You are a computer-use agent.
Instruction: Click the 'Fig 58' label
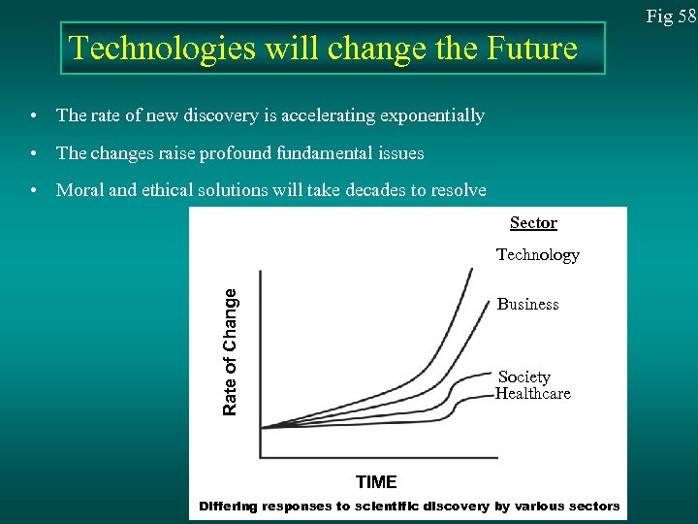[x=672, y=16]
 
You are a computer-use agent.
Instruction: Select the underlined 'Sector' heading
[x=533, y=223]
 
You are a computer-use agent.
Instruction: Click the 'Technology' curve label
[x=537, y=255]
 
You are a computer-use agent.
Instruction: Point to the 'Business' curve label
[x=527, y=305]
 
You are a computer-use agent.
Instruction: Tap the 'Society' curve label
[x=523, y=377]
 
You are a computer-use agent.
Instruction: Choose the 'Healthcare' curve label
[x=532, y=394]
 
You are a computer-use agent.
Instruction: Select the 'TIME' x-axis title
[x=376, y=482]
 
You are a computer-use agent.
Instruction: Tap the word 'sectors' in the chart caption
[x=593, y=507]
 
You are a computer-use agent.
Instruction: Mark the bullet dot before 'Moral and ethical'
[x=34, y=191]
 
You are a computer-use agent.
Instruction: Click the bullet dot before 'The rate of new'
[x=34, y=116]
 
